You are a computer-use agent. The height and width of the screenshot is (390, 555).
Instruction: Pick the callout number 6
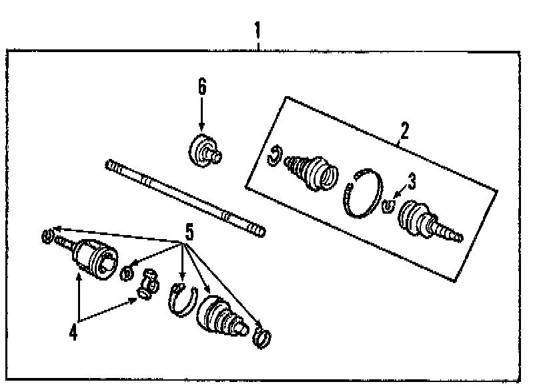click(x=201, y=86)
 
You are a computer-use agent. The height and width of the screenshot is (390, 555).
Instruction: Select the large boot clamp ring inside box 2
click(x=363, y=192)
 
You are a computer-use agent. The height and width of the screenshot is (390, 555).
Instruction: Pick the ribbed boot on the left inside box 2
click(x=312, y=172)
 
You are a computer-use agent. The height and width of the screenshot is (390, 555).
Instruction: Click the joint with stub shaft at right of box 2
click(x=428, y=222)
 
